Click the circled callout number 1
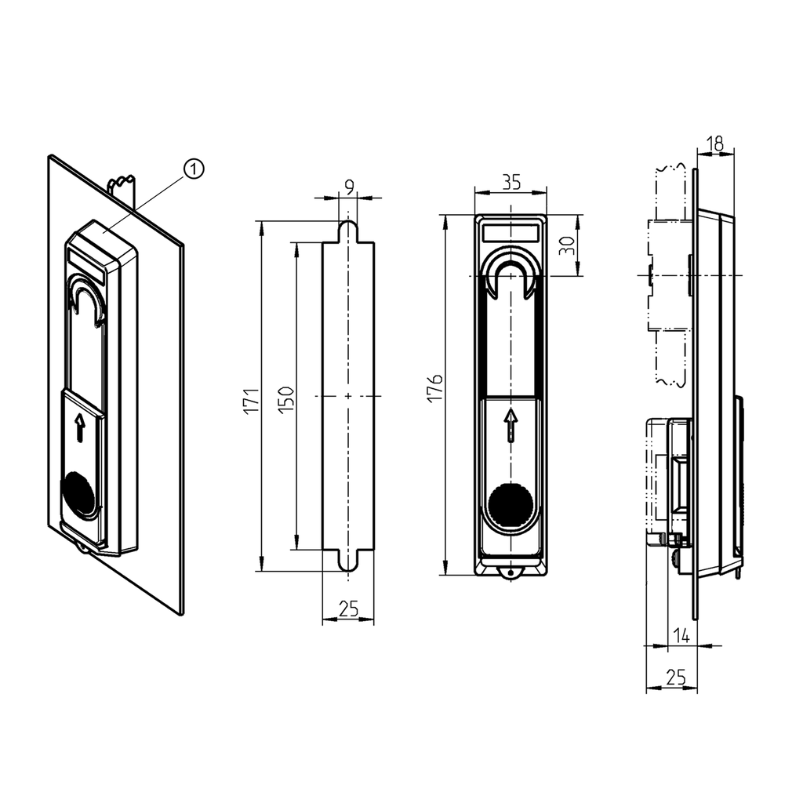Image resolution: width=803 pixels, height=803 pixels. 193,168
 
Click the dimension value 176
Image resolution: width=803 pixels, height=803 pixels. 435,390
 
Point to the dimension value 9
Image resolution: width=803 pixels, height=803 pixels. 348,187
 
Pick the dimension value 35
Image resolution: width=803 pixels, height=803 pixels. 511,182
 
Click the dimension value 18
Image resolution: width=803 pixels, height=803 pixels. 714,144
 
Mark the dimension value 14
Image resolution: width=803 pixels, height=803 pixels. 681,637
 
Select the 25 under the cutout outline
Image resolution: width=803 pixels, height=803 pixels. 348,608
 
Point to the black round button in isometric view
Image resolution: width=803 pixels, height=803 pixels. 80,492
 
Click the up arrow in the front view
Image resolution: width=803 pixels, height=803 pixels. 511,423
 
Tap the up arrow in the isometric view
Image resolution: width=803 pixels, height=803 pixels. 79,428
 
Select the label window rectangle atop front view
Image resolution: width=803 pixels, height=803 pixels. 511,232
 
